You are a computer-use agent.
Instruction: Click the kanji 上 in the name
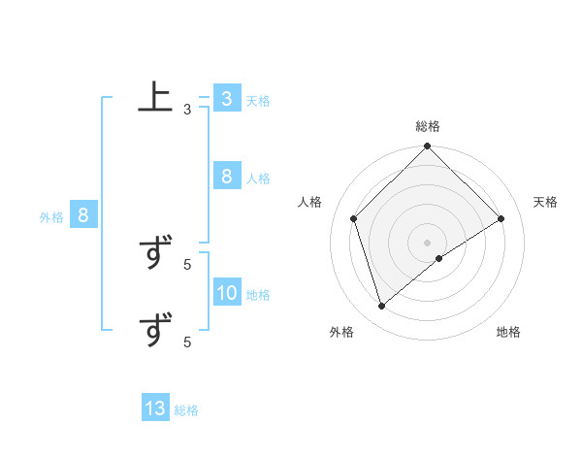(x=155, y=99)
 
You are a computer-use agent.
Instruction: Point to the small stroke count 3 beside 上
(x=187, y=110)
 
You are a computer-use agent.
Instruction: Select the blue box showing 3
(x=226, y=99)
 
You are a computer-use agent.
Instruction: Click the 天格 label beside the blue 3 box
(x=258, y=100)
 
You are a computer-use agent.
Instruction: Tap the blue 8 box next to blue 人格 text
(x=226, y=177)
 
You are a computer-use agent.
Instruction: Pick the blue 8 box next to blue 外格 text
(x=83, y=215)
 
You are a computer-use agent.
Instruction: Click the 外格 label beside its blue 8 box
(x=51, y=217)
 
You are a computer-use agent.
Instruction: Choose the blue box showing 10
(x=226, y=293)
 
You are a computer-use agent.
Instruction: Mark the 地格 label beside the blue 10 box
(x=258, y=295)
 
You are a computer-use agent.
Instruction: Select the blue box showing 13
(x=155, y=408)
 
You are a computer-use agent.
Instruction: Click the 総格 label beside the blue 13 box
(x=187, y=410)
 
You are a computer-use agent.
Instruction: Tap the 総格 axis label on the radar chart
(x=428, y=126)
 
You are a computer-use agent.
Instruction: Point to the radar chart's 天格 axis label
(x=545, y=202)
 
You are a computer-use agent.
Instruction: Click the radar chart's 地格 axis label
(x=508, y=332)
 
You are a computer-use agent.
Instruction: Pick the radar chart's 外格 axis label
(x=341, y=332)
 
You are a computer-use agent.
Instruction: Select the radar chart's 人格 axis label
(x=309, y=202)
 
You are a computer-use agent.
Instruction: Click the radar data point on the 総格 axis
(x=428, y=147)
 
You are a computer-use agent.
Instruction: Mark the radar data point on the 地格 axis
(x=439, y=258)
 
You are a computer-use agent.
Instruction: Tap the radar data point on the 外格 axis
(x=382, y=307)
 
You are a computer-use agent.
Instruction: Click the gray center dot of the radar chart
(x=428, y=242)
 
